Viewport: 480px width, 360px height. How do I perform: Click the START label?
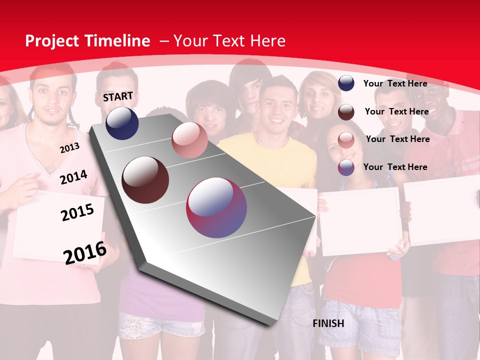coord(118,96)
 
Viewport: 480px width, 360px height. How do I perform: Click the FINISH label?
coord(328,323)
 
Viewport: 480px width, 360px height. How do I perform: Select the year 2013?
coord(69,148)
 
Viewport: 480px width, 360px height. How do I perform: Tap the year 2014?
coord(73,177)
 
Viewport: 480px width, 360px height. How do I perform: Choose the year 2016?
coord(85,253)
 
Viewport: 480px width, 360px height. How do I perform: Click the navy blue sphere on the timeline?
coord(122,123)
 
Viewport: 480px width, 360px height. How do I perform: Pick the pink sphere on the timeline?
coord(189,140)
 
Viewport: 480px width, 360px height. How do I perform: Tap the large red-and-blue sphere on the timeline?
coord(216,207)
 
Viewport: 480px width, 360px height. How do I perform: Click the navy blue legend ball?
coord(346,83)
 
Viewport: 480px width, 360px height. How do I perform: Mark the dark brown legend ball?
coord(346,111)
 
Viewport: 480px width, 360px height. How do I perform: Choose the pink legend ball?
coord(346,139)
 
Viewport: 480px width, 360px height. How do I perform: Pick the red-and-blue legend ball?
coord(346,167)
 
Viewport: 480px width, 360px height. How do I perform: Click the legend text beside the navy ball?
coord(395,83)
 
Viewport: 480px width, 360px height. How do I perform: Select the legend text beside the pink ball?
coord(397,139)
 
